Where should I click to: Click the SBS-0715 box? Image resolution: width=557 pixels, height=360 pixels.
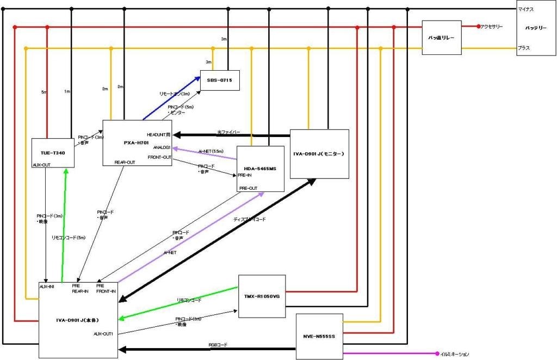[x=219, y=80]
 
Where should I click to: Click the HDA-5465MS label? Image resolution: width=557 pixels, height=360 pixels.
[x=261, y=169]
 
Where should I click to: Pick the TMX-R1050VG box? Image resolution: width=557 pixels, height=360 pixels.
[x=262, y=296]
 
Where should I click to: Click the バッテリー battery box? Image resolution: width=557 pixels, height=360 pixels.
[x=536, y=28]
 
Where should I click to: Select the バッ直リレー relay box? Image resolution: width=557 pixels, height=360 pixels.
[x=441, y=38]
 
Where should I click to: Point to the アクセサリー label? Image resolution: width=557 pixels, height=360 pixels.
[x=492, y=27]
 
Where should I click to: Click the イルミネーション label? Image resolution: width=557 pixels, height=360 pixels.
[x=455, y=354]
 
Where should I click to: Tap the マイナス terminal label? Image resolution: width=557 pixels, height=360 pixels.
[x=527, y=10]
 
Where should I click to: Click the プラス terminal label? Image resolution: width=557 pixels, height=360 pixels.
[x=524, y=48]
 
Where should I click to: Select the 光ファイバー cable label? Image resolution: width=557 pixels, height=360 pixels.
[x=228, y=132]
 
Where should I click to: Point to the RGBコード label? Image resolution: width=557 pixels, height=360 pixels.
[x=218, y=345]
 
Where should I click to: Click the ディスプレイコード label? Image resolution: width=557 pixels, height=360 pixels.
[x=250, y=219]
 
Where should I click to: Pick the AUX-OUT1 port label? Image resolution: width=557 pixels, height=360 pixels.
[x=103, y=334]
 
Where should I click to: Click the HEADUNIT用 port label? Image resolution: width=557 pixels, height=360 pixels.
[x=159, y=134]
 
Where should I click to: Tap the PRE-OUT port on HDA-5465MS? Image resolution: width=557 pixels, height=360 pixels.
[x=249, y=188]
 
